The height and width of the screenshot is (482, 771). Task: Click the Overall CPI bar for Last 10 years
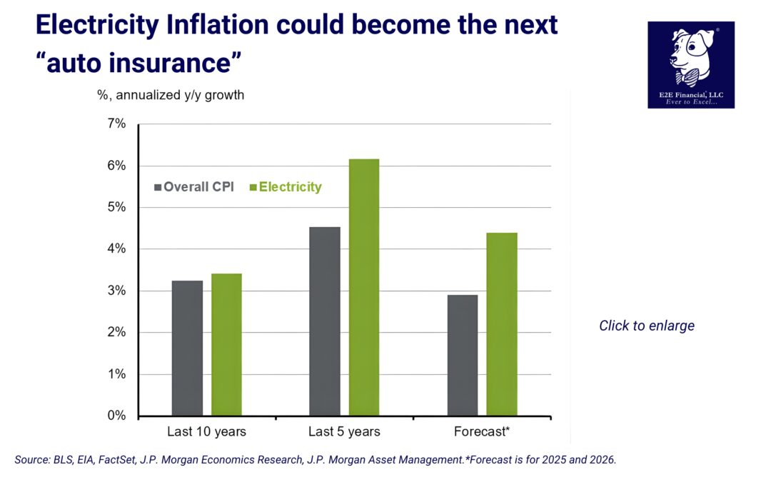point(187,348)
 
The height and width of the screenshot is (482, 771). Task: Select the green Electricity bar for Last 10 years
point(226,344)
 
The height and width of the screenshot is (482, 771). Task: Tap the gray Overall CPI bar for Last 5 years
point(325,321)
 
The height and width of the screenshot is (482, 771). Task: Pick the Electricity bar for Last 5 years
point(364,287)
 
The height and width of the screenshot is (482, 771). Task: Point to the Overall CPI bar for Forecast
point(463,355)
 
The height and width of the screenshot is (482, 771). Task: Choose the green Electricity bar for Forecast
point(502,324)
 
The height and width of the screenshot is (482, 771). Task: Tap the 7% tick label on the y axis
point(116,124)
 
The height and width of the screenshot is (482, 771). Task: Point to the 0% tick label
point(116,416)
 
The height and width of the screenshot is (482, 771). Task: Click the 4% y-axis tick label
point(116,249)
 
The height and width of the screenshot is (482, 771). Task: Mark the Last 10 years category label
point(206,432)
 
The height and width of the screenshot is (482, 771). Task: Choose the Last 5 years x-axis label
point(344,432)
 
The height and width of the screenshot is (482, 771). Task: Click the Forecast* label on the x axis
point(482,432)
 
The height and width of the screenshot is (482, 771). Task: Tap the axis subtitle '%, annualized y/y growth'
point(171,95)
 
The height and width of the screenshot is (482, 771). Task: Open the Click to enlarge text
point(646,326)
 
